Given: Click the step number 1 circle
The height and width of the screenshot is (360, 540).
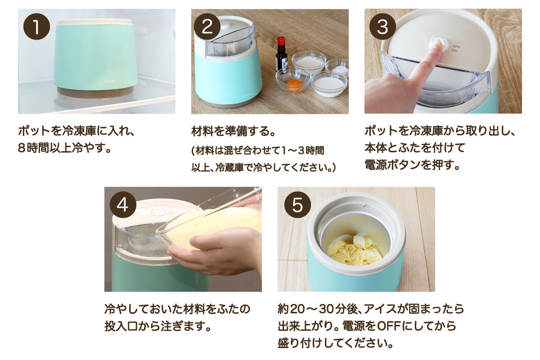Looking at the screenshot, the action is pyautogui.click(x=36, y=27).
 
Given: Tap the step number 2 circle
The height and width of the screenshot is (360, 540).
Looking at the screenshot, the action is pyautogui.click(x=207, y=27).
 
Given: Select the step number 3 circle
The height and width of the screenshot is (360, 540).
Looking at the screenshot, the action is pyautogui.click(x=382, y=27).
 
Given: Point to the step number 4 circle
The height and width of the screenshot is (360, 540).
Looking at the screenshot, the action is pyautogui.click(x=123, y=205).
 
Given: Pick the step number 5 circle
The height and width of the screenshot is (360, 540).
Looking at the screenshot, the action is pyautogui.click(x=298, y=205).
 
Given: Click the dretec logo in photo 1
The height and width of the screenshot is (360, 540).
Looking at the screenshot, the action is pyautogui.click(x=107, y=81).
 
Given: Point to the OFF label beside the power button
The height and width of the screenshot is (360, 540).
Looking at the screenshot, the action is pyautogui.click(x=456, y=46).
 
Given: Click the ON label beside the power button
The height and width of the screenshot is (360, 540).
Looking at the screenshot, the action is pyautogui.click(x=454, y=51).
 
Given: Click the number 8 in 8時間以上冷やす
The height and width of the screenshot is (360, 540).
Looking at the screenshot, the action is pyautogui.click(x=22, y=148).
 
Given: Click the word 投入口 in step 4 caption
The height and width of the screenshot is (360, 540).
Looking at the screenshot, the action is pyautogui.click(x=121, y=327).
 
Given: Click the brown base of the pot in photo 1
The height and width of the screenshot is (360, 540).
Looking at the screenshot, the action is pyautogui.click(x=95, y=92).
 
